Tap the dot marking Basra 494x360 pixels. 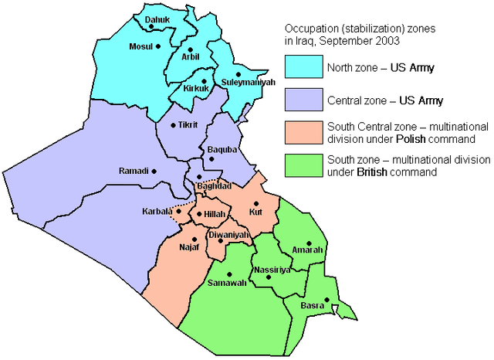pyautogui.click(x=327, y=301)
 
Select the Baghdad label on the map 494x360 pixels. pyautogui.click(x=214, y=186)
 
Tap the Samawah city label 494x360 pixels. pyautogui.click(x=226, y=284)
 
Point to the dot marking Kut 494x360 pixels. pyautogui.click(x=255, y=203)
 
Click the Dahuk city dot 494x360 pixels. pyautogui.click(x=152, y=27)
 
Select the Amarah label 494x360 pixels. pyautogui.click(x=307, y=250)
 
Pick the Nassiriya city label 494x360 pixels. pyautogui.click(x=271, y=270)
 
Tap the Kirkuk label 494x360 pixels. pyautogui.click(x=198, y=89)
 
